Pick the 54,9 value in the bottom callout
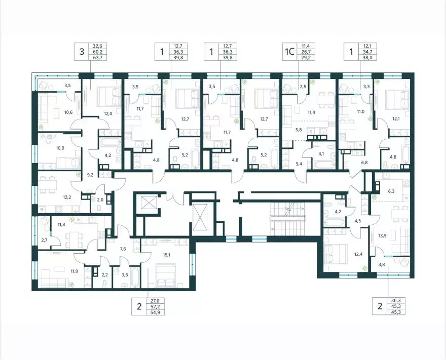154,312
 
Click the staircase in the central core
288,219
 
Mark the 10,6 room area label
68,112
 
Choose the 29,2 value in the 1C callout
302,57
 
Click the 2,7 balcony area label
45,241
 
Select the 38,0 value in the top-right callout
364,57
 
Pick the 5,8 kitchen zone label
299,130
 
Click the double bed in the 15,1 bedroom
166,273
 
